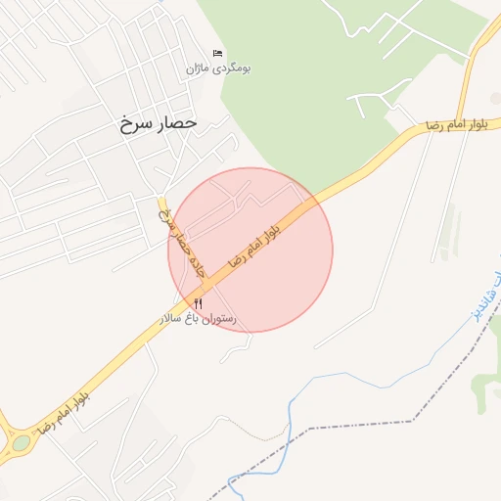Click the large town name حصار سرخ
point(159,123)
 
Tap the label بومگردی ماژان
point(219,69)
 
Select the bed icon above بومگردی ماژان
point(217,53)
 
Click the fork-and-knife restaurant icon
point(199,304)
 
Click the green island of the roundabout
point(20,443)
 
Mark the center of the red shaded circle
point(250,250)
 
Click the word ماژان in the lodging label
point(203,69)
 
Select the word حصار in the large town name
point(177,123)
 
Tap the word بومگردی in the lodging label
point(234,69)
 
